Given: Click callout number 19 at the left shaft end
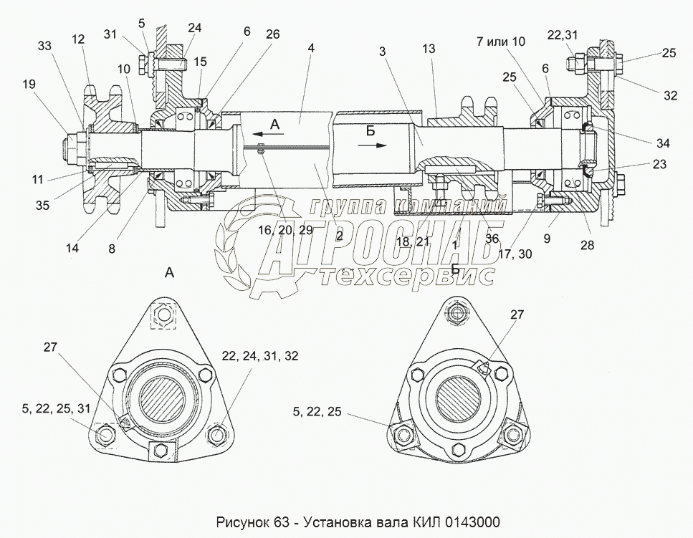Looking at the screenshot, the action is pyautogui.click(x=29, y=84).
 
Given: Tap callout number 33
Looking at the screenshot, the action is pyautogui.click(x=44, y=46).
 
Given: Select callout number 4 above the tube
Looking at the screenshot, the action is pyautogui.click(x=311, y=48).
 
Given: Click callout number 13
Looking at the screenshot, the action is pyautogui.click(x=429, y=49).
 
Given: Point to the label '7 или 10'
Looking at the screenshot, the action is pyautogui.click(x=500, y=42).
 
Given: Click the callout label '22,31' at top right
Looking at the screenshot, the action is pyautogui.click(x=562, y=35).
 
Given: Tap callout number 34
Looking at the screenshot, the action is pyautogui.click(x=663, y=143).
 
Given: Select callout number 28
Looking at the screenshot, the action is pyautogui.click(x=588, y=245).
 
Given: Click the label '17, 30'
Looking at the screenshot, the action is pyautogui.click(x=515, y=254).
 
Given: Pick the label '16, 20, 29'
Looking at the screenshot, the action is pyautogui.click(x=285, y=230).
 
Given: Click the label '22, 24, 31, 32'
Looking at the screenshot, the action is pyautogui.click(x=260, y=355).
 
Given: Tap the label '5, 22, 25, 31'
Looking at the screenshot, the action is pyautogui.click(x=56, y=408).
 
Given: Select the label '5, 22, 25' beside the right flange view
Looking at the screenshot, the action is pyautogui.click(x=317, y=412).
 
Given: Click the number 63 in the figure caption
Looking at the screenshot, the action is pyautogui.click(x=281, y=522).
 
